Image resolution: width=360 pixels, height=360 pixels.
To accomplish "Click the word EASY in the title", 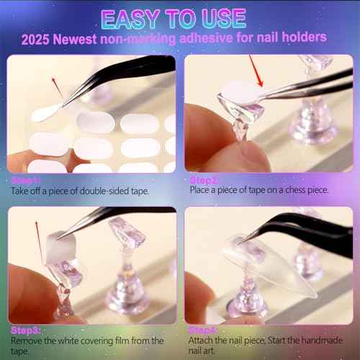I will (134, 18).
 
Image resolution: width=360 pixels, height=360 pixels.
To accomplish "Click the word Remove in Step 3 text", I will (27, 341).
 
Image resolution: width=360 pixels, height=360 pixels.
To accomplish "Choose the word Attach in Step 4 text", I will (204, 341).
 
